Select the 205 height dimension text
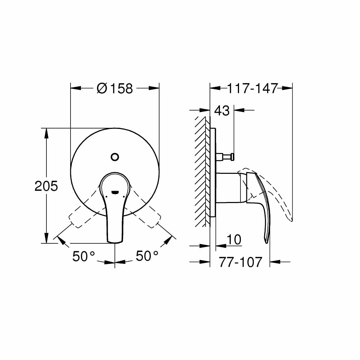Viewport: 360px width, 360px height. coord(46,186)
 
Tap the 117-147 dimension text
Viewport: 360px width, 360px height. coord(252,88)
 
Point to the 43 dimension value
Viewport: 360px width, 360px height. coord(222,111)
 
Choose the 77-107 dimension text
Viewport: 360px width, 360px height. coord(240,262)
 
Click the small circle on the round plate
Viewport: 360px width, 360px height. coord(115,157)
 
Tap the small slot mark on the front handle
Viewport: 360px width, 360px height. coord(115,192)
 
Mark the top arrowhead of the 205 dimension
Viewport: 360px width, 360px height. coord(46,132)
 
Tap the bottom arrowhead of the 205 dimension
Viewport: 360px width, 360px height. coord(46,238)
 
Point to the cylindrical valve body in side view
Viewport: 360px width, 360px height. coord(227,186)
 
